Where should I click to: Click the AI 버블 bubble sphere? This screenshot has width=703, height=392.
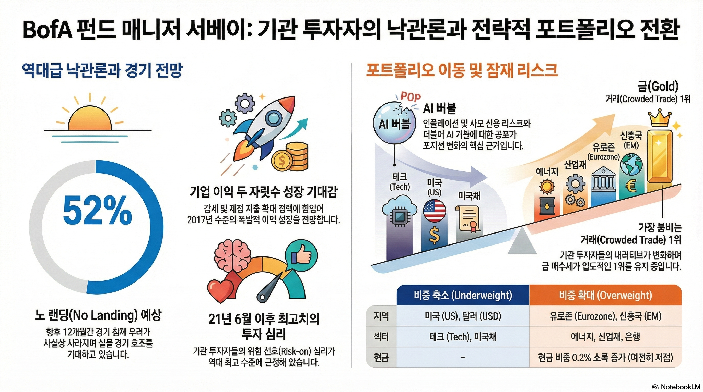(x=394, y=124)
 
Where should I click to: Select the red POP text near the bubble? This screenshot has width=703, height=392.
(x=410, y=96)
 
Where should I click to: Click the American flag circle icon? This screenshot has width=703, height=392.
(x=435, y=211)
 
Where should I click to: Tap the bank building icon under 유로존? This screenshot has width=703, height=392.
(x=603, y=180)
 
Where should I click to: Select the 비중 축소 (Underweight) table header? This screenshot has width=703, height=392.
(x=463, y=295)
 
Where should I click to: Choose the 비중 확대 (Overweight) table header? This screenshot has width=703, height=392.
(x=605, y=295)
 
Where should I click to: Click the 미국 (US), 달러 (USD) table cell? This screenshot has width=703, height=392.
(x=463, y=316)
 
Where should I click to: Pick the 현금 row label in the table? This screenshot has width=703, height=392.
(x=381, y=357)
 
